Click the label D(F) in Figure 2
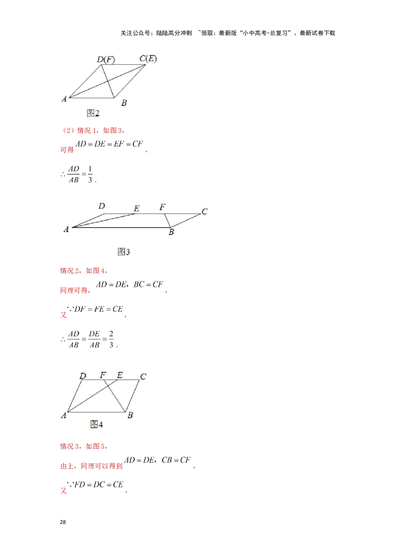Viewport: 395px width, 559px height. click(106, 60)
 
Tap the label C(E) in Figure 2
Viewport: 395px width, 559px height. click(148, 59)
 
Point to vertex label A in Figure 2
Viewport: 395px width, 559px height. click(64, 99)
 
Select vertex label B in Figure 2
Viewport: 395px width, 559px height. click(124, 103)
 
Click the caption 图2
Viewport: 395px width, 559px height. click(93, 113)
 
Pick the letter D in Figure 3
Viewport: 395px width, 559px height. click(101, 206)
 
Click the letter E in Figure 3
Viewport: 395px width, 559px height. click(136, 209)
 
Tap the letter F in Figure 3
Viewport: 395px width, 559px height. click(162, 207)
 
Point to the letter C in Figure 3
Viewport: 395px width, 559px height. click(204, 212)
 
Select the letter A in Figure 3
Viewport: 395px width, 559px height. click(66, 229)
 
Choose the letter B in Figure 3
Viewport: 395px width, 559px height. click(171, 232)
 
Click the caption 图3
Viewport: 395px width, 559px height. click(123, 252)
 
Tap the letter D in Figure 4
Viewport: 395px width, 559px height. click(83, 376)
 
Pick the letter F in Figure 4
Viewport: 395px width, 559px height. click(103, 375)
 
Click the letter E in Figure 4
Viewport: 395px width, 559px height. click(119, 375)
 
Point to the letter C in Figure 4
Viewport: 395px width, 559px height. click(143, 377)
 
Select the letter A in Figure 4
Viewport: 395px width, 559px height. click(64, 416)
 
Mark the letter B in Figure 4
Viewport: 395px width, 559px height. click(130, 415)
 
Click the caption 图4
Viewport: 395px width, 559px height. click(96, 424)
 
